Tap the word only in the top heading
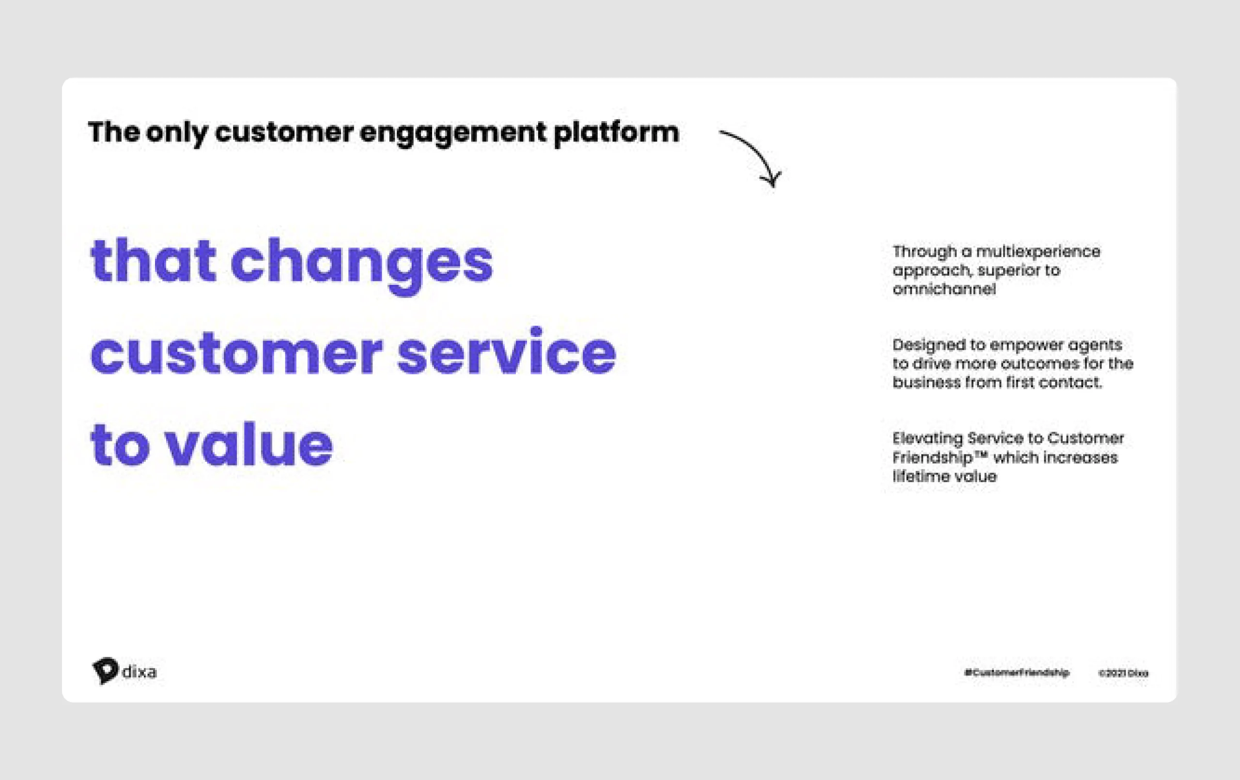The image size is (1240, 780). point(177,133)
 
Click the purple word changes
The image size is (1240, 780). point(361,263)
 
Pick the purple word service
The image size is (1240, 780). point(506,353)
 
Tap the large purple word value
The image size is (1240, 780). point(248,444)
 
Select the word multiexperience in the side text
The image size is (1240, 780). point(1038,251)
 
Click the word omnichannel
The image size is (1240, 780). point(944,289)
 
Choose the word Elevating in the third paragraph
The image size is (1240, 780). point(927,438)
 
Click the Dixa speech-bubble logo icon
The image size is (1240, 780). point(106,670)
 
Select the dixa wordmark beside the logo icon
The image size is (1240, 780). point(139,672)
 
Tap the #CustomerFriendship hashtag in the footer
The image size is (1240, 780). point(1017,673)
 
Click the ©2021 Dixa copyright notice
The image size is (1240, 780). point(1123,673)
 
